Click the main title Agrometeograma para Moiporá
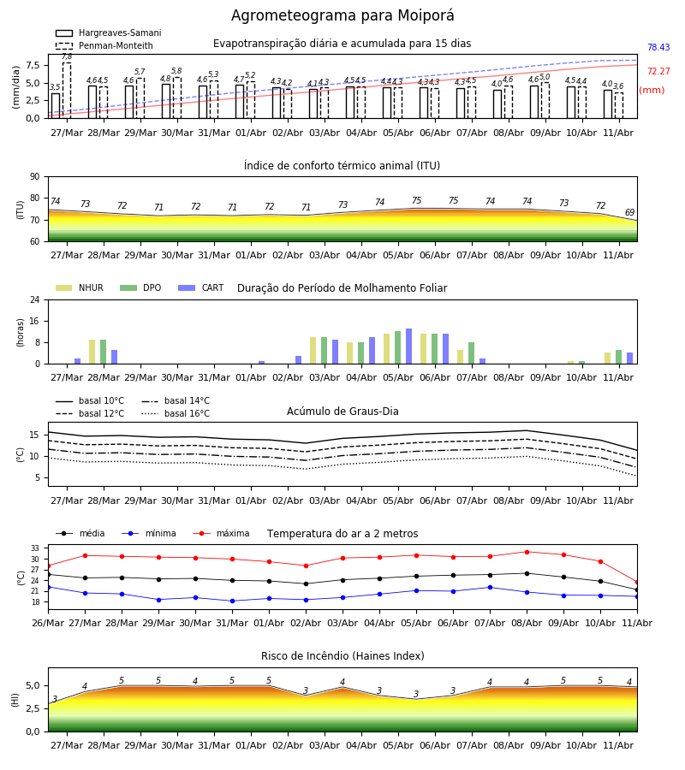tap(342, 15)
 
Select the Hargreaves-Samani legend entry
tap(108, 33)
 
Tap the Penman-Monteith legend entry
tap(104, 45)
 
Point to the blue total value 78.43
tap(658, 47)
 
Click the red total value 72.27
tap(658, 71)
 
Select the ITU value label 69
tap(629, 212)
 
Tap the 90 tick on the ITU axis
tap(35, 177)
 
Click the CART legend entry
tap(201, 287)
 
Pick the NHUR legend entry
tap(80, 287)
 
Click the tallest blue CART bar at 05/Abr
tap(408, 346)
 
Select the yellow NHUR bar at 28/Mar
tap(92, 352)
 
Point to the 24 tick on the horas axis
tap(35, 299)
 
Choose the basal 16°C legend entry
tap(176, 413)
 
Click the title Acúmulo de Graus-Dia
tap(342, 412)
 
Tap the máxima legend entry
tap(221, 533)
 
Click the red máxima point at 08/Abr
tap(527, 552)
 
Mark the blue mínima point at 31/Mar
tap(232, 601)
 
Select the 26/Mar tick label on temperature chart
tap(48, 623)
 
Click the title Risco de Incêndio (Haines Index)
tap(342, 656)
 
